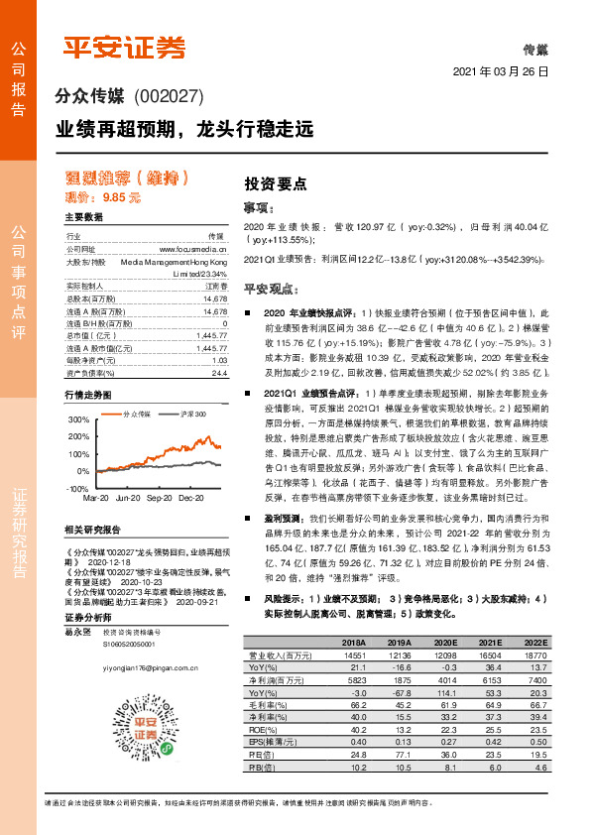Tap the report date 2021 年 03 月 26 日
pos(500,73)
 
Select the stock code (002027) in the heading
pos(168,97)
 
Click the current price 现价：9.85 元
pos(103,197)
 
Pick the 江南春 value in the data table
pos(215,286)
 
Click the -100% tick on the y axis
pos(75,490)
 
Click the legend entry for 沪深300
pos(188,413)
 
